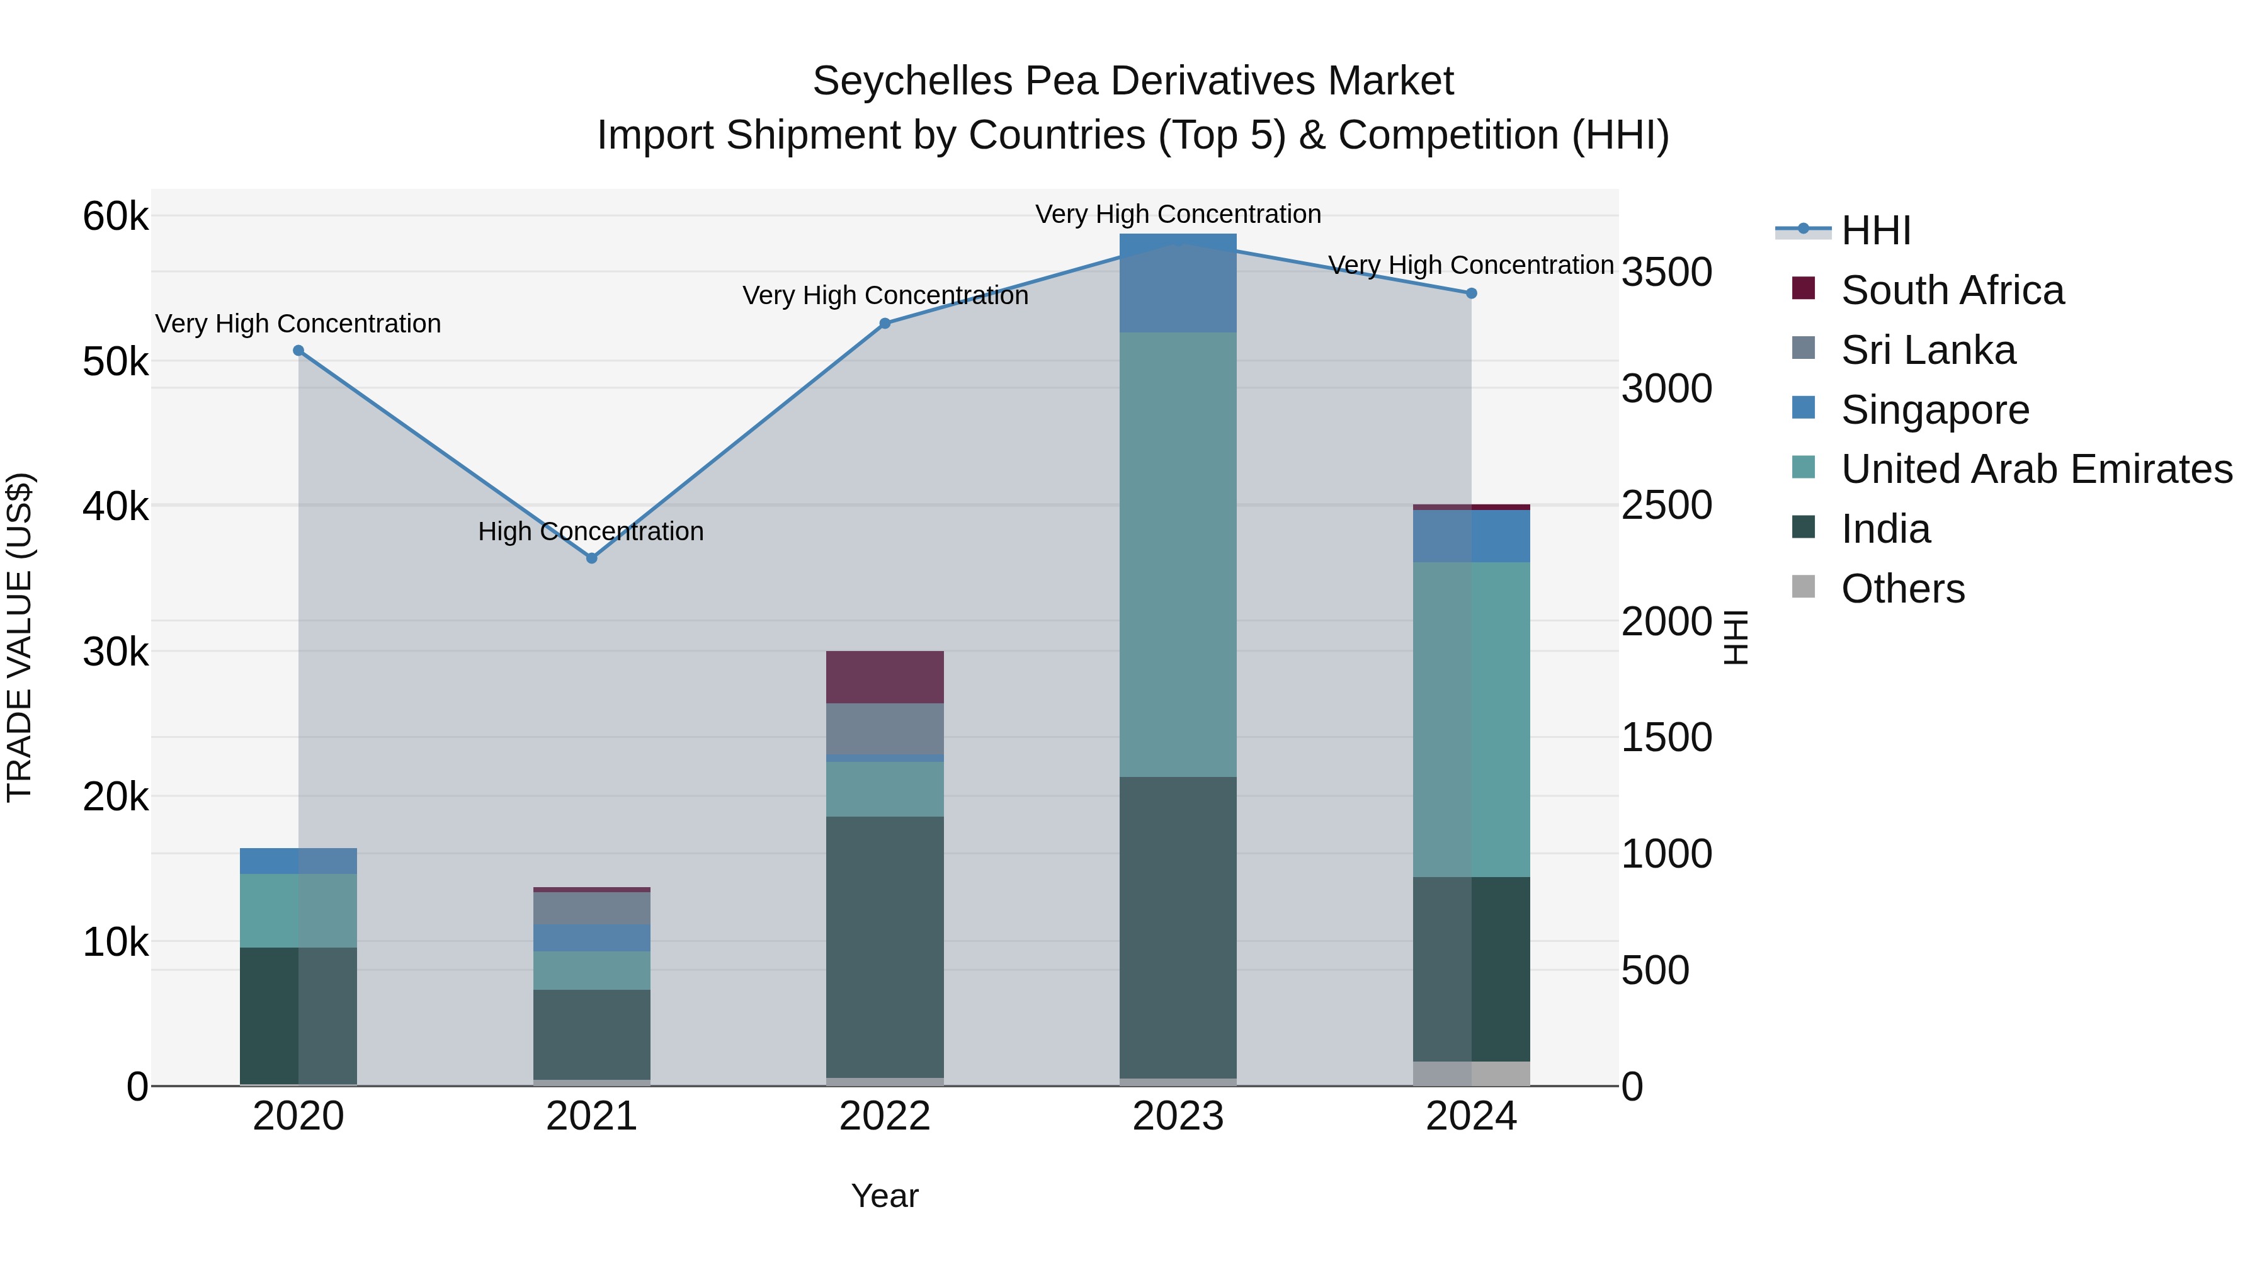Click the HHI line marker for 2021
[591, 558]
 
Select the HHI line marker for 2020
[298, 350]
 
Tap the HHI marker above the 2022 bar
[885, 323]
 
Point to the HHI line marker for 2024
[1472, 293]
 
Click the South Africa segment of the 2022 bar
[885, 677]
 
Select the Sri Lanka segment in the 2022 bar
[885, 728]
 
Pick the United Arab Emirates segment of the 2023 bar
[1178, 554]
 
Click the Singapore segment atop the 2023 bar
[1178, 283]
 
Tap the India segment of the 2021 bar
[591, 1034]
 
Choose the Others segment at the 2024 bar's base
[1472, 1073]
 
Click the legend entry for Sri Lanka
[1928, 350]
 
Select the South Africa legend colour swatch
[1804, 288]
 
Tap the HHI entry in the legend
[1875, 230]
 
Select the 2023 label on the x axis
[1178, 1116]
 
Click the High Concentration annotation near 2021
[591, 531]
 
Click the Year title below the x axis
[885, 1196]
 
